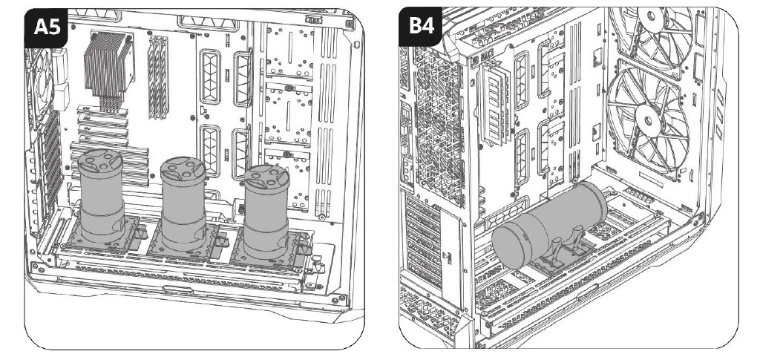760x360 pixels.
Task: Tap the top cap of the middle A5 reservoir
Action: click(183, 168)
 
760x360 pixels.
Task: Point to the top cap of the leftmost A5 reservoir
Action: click(102, 161)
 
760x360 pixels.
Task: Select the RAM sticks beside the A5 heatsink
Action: click(157, 78)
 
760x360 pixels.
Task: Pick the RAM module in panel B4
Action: click(495, 104)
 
